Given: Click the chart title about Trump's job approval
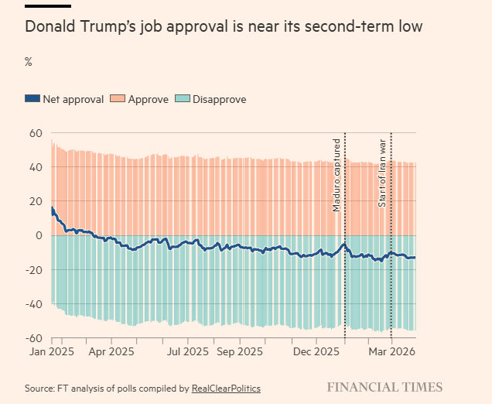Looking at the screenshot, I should click(x=224, y=27).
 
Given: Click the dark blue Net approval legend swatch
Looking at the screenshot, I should click(x=32, y=99).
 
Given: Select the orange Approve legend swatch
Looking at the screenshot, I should click(x=118, y=99).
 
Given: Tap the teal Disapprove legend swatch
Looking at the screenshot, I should click(x=182, y=99).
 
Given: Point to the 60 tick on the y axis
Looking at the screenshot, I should click(x=34, y=133).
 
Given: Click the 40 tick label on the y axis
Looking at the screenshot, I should click(x=34, y=167).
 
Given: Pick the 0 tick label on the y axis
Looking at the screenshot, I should click(x=37, y=235).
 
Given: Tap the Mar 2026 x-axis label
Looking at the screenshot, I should click(x=391, y=351).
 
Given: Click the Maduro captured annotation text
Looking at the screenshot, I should click(x=337, y=174).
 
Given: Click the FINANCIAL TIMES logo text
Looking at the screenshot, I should click(x=384, y=387).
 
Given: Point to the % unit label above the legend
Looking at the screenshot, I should click(x=29, y=62).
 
